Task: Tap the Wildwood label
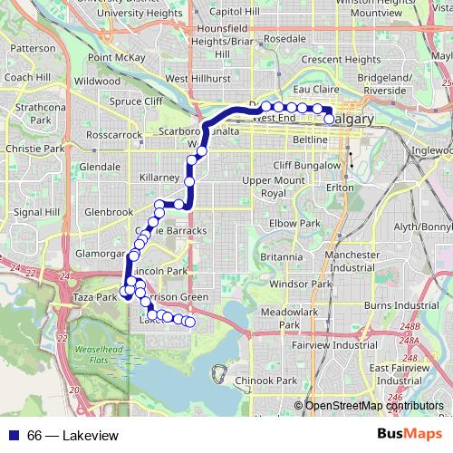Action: [x=97, y=81]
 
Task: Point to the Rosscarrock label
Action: [x=112, y=135]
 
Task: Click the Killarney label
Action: [x=161, y=178]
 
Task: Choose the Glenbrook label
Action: [x=109, y=212]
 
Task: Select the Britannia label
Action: [x=280, y=257]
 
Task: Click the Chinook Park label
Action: [x=275, y=381]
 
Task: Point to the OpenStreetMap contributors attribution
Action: [x=373, y=406]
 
